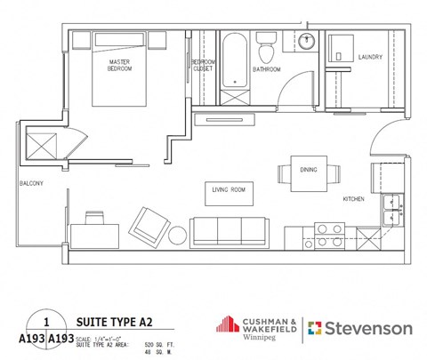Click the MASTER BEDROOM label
click(119, 64)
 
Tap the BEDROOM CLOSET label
click(203, 64)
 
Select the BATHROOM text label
click(266, 69)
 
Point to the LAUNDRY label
click(370, 58)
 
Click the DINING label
click(309, 169)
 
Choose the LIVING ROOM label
click(229, 189)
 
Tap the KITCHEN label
click(354, 199)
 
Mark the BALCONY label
click(31, 184)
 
